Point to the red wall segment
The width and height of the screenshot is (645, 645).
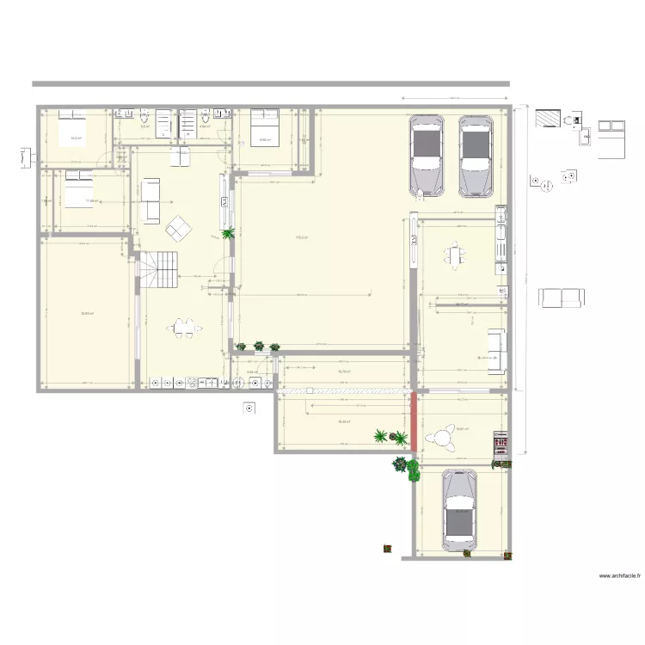pos(414,421)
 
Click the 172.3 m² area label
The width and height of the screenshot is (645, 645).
pos(302,238)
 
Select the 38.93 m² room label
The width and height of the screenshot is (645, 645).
pos(87,314)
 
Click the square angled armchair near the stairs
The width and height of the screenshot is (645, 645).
pos(180,227)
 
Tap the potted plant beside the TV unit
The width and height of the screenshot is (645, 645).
pos(228,233)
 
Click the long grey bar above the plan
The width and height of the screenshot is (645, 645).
pos(270,83)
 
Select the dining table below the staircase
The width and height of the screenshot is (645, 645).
pos(184,327)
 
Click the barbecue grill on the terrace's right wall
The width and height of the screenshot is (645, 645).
pos(500,443)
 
